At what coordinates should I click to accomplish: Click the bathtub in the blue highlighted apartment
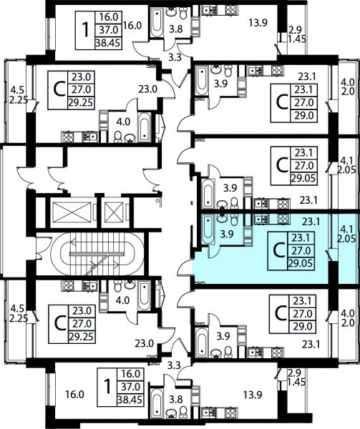[x=208, y=230]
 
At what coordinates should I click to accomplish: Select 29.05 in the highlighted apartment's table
[x=301, y=263]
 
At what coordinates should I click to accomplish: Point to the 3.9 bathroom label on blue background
[x=227, y=235]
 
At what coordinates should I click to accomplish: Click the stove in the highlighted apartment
[x=283, y=219]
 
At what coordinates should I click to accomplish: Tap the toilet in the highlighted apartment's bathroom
[x=234, y=220]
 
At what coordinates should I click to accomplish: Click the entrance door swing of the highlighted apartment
[x=185, y=267]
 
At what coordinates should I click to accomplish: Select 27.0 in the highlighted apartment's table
[x=301, y=250]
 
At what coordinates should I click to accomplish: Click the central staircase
[x=97, y=254]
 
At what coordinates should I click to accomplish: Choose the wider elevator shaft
[x=72, y=212]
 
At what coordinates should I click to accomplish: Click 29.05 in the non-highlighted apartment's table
[x=303, y=178]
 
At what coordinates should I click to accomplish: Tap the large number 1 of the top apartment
[x=86, y=30]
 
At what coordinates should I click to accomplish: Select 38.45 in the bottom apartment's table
[x=130, y=400]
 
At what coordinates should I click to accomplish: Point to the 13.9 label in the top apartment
[x=258, y=23]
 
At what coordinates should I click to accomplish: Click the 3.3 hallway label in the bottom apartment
[x=174, y=365]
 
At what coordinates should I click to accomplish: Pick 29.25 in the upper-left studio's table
[x=81, y=103]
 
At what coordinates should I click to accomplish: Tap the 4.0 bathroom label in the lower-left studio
[x=122, y=301]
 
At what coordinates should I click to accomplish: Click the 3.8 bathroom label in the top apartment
[x=175, y=29]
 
